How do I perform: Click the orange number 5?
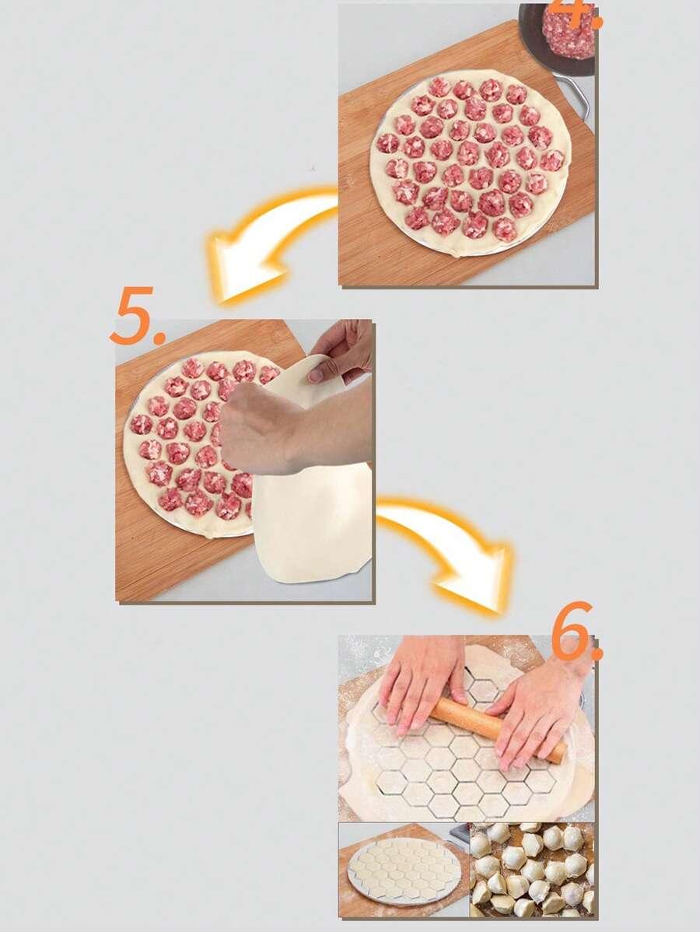pyautogui.click(x=132, y=315)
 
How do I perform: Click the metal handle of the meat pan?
pyautogui.click(x=576, y=95)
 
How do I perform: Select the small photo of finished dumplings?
pyautogui.click(x=533, y=870)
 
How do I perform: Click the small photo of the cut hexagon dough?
pyautogui.click(x=404, y=870)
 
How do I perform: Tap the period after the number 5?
pyautogui.click(x=159, y=340)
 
